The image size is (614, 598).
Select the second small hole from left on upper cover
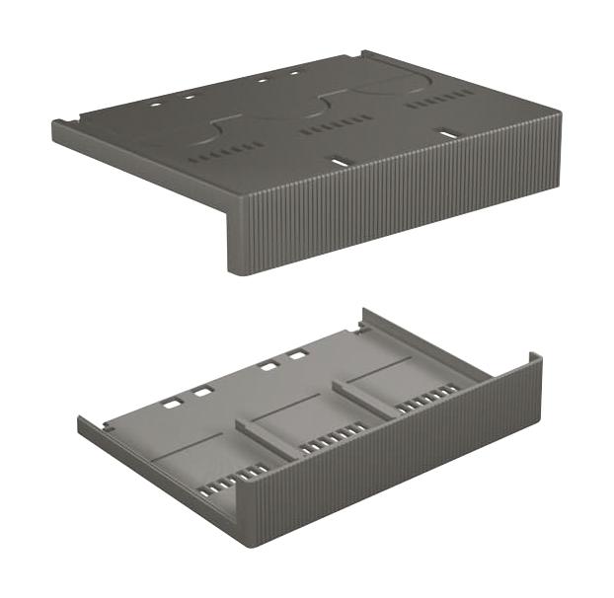click(189, 96)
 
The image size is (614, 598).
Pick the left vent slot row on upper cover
click(233, 150)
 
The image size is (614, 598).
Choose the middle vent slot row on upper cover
click(337, 123)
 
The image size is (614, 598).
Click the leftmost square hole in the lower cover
click(172, 404)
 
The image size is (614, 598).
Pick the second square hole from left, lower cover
click(202, 392)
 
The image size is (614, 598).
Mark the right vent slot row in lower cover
click(426, 397)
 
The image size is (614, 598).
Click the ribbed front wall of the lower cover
click(395, 464)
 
